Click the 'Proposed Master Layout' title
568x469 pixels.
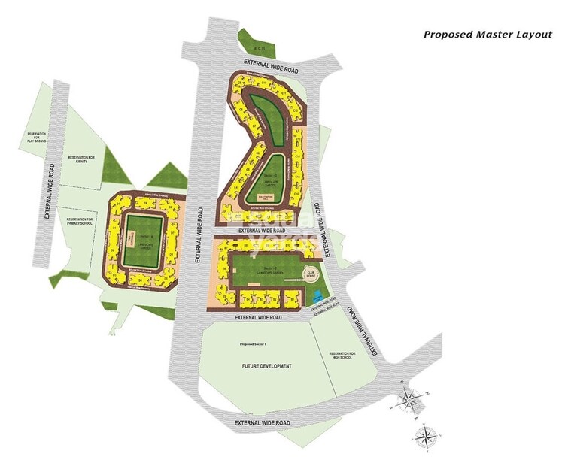[x=488, y=34]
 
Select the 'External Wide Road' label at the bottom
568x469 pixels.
[x=262, y=423]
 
